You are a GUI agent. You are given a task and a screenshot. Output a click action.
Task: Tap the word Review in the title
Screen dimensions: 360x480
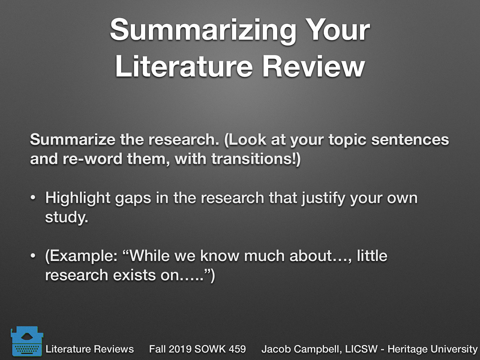click(x=313, y=67)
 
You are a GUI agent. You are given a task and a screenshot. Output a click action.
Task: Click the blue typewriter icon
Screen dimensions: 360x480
click(x=25, y=341)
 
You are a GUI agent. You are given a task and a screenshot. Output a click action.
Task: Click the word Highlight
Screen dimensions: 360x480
click(x=78, y=198)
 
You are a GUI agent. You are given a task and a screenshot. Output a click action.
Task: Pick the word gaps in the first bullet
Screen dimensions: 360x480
click(x=133, y=198)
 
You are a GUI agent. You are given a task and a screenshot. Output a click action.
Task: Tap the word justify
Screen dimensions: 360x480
click(x=323, y=198)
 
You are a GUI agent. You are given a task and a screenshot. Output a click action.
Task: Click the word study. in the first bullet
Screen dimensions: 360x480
click(x=67, y=217)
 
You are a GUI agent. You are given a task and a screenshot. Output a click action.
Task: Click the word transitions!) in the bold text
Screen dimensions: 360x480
click(x=256, y=158)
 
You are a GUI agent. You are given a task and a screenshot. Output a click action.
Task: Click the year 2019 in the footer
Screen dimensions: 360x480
click(x=179, y=349)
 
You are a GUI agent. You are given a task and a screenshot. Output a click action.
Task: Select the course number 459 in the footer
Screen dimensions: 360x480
click(x=237, y=349)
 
